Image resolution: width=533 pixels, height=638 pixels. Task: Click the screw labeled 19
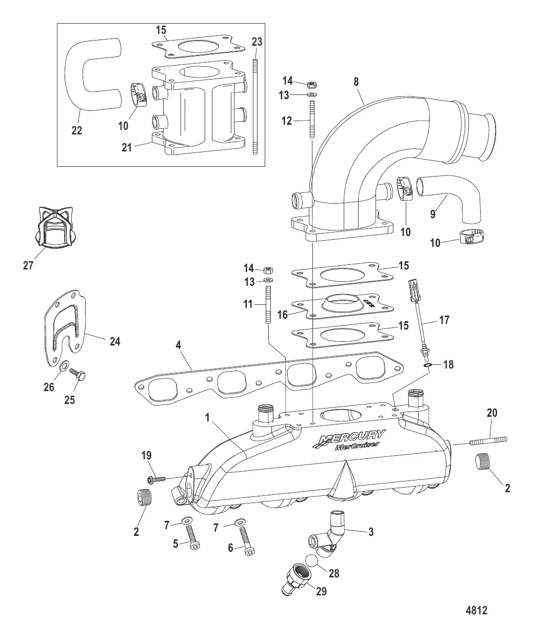[x=156, y=479]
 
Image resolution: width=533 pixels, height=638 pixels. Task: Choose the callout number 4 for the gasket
[x=178, y=345]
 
